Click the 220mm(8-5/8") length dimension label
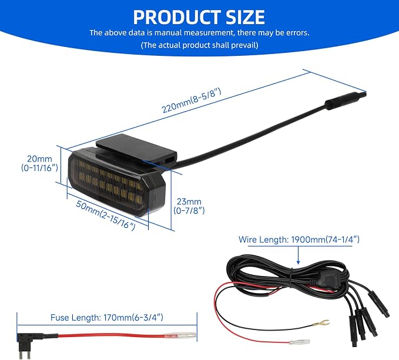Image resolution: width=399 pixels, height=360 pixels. point(192,100)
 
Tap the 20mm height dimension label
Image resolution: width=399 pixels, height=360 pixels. point(39,163)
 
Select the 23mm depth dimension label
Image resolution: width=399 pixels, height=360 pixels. point(189,206)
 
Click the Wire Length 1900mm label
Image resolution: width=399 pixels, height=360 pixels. point(299,240)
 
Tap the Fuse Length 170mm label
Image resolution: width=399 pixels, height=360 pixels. point(107,318)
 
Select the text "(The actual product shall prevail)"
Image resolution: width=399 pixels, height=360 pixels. point(200,45)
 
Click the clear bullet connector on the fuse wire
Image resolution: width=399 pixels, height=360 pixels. point(180,336)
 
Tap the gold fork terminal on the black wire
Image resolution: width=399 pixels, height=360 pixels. point(321,324)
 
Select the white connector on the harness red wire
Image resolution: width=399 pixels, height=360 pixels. point(300,342)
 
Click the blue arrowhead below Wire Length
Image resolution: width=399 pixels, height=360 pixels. point(299,262)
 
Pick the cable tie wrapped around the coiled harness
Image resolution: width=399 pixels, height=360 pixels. point(290,281)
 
